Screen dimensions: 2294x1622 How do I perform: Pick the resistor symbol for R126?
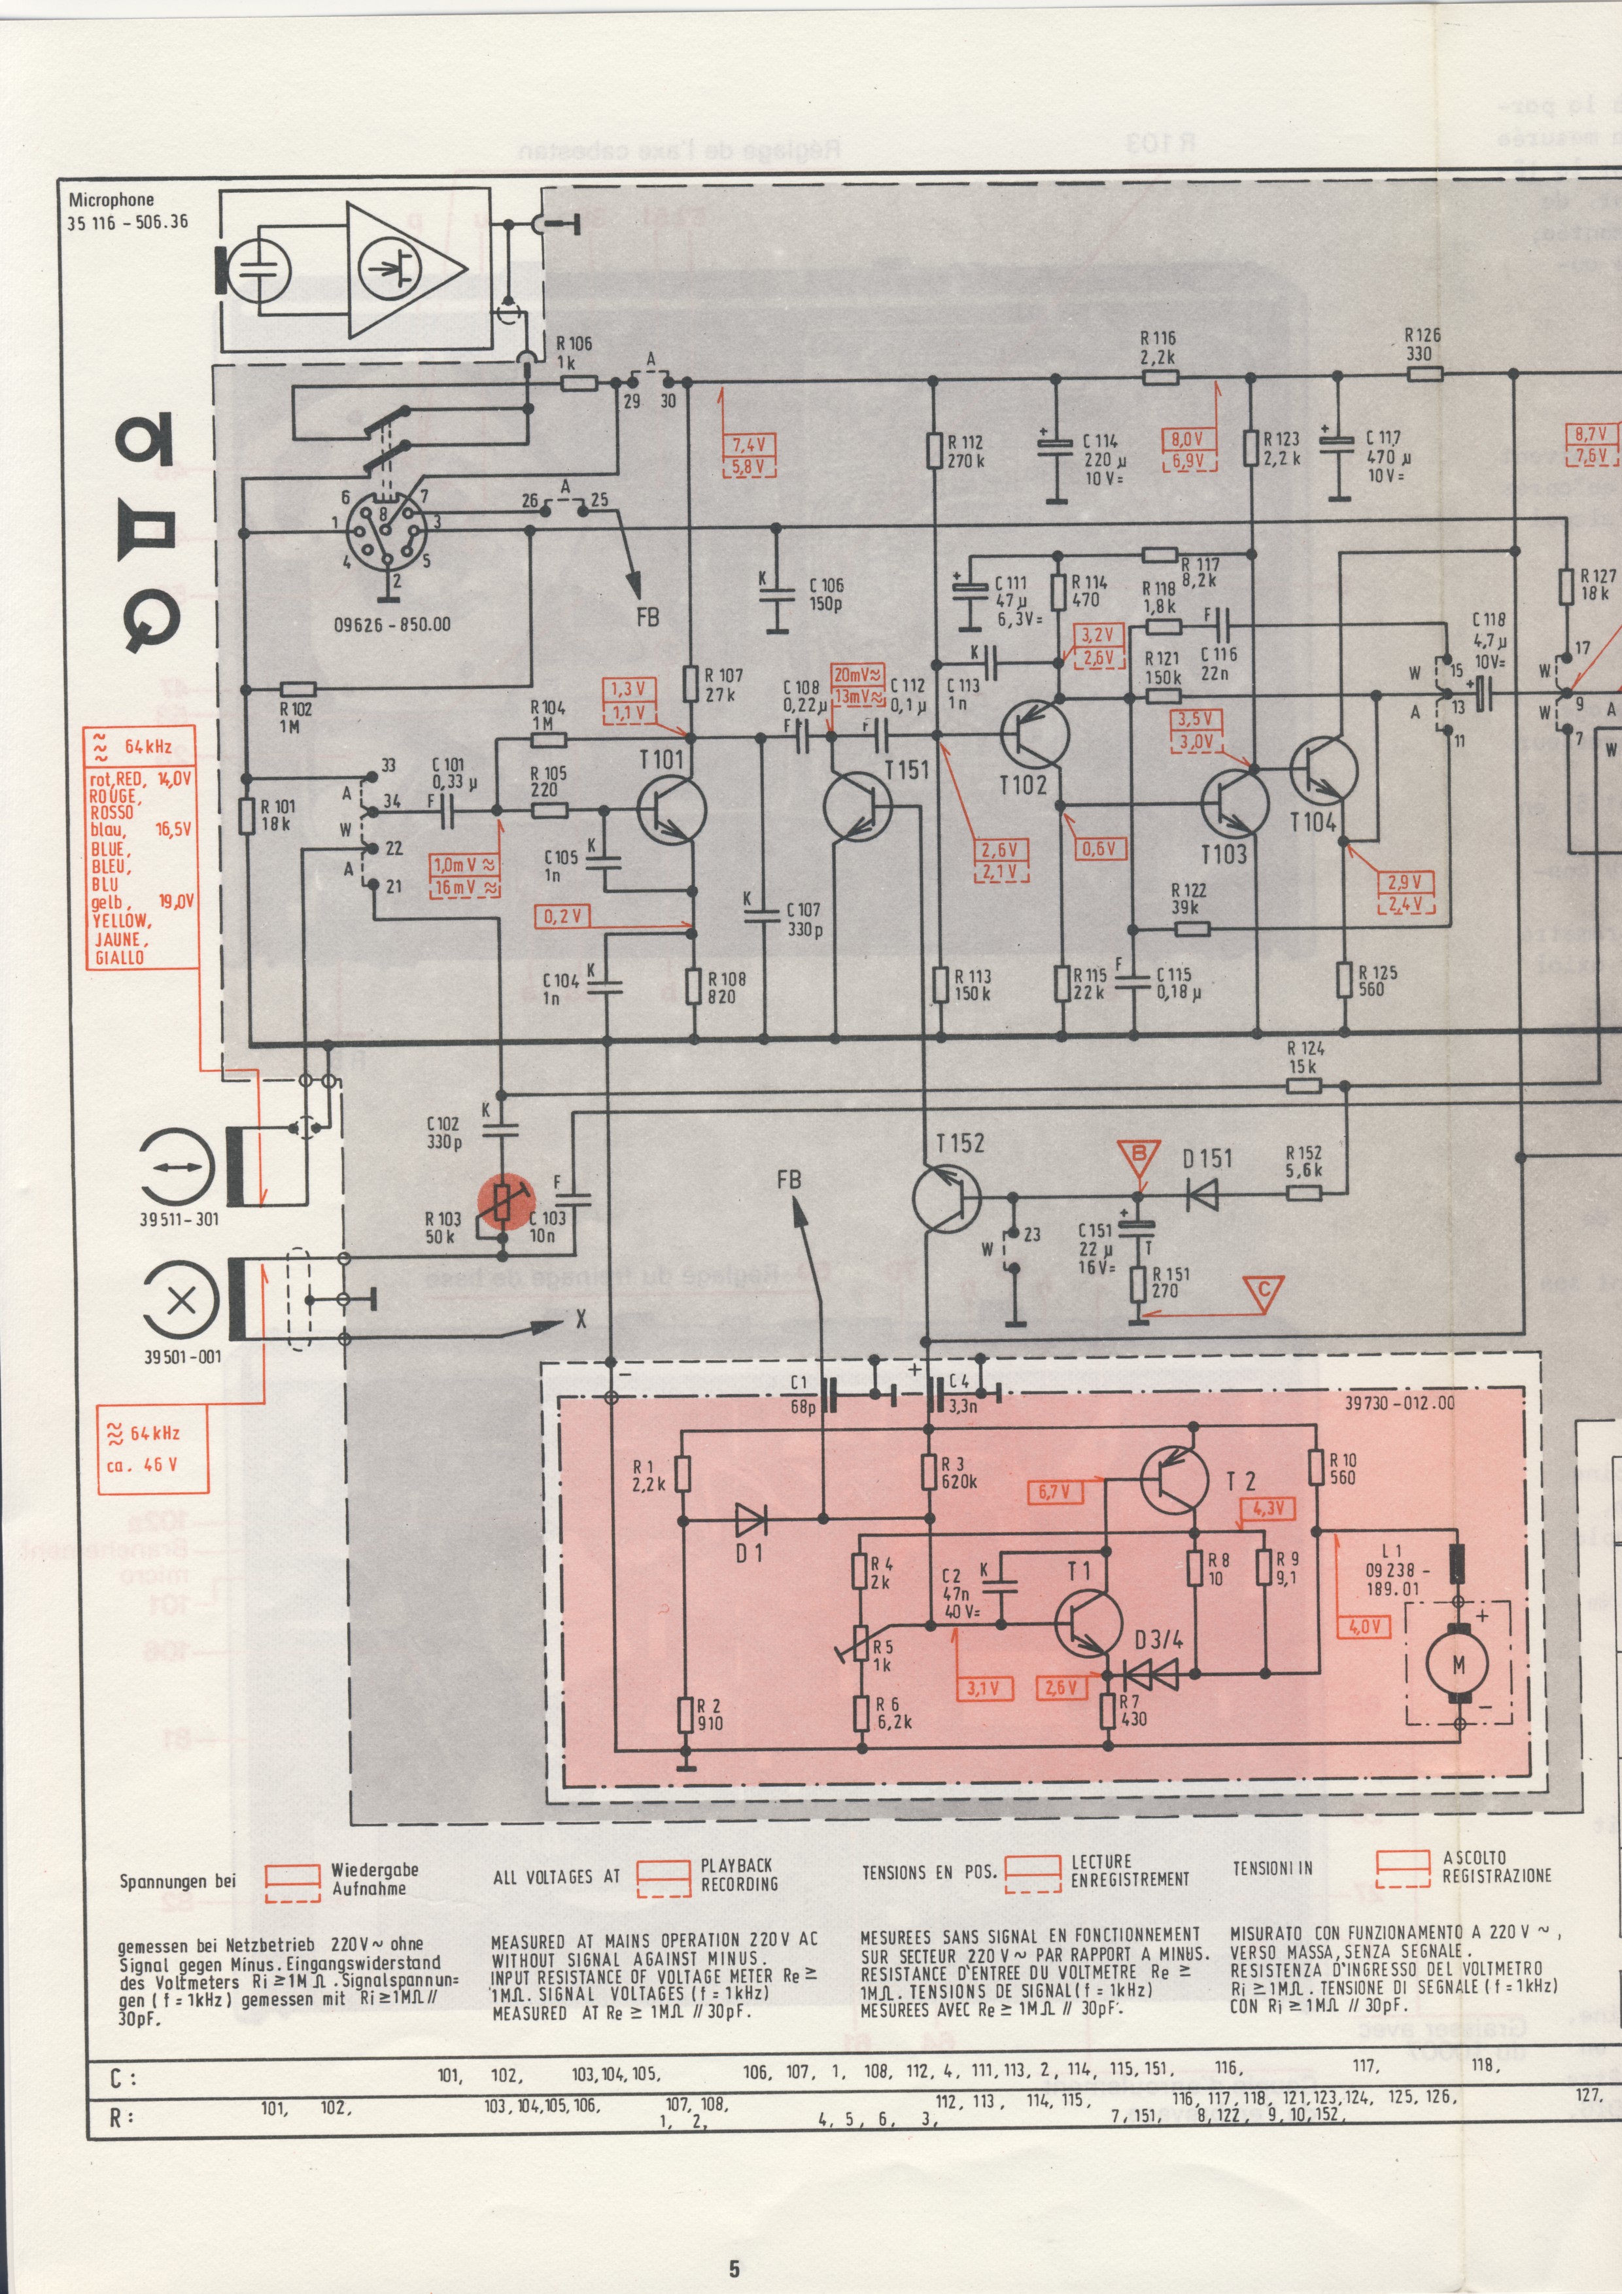pyautogui.click(x=1425, y=375)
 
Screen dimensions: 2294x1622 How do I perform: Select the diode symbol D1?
pyautogui.click(x=751, y=1521)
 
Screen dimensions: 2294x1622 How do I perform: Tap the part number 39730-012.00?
pyautogui.click(x=1398, y=1403)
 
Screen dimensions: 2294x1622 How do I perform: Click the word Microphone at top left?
pyautogui.click(x=111, y=200)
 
